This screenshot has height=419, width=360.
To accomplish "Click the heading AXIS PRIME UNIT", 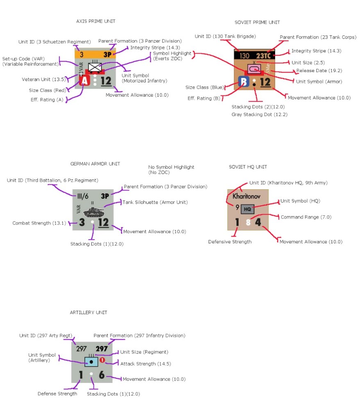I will coord(96,21).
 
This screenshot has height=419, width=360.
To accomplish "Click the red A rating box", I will coord(84,81).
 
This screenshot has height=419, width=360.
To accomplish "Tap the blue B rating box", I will coord(244,82).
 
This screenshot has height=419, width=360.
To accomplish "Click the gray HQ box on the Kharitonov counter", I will coord(247,209).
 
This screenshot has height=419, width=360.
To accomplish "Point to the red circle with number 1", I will coord(103,360).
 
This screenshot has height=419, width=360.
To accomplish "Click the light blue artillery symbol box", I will coord(91,361).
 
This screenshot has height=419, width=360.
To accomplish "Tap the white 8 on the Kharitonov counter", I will coord(248,222).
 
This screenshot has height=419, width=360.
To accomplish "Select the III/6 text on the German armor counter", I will coord(83,196).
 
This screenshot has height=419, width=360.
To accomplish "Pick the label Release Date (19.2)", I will coord(314,71).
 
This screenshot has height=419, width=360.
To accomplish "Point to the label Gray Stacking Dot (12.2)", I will coord(259,115).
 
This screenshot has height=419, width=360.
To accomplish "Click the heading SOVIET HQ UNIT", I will coord(248,167).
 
